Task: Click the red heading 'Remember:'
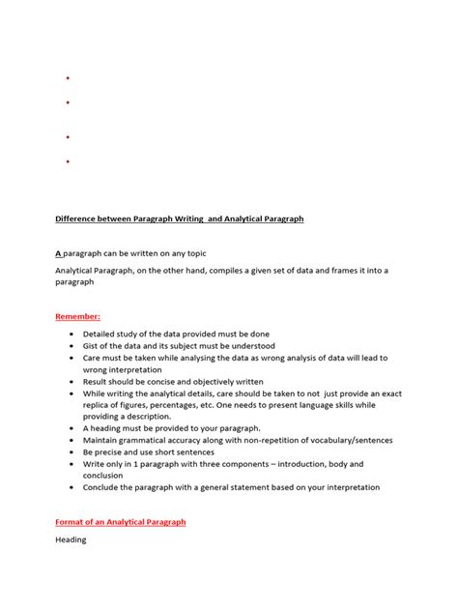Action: (x=78, y=315)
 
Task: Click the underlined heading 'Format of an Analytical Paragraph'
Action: (x=121, y=522)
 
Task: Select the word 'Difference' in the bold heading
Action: (x=78, y=219)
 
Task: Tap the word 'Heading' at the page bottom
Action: (x=71, y=539)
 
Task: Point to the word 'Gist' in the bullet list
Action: (x=93, y=345)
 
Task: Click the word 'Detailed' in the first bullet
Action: (x=101, y=334)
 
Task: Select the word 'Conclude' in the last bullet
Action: (x=103, y=487)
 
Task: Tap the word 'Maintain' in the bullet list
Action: (x=102, y=440)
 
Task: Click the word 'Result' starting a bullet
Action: (x=98, y=381)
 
